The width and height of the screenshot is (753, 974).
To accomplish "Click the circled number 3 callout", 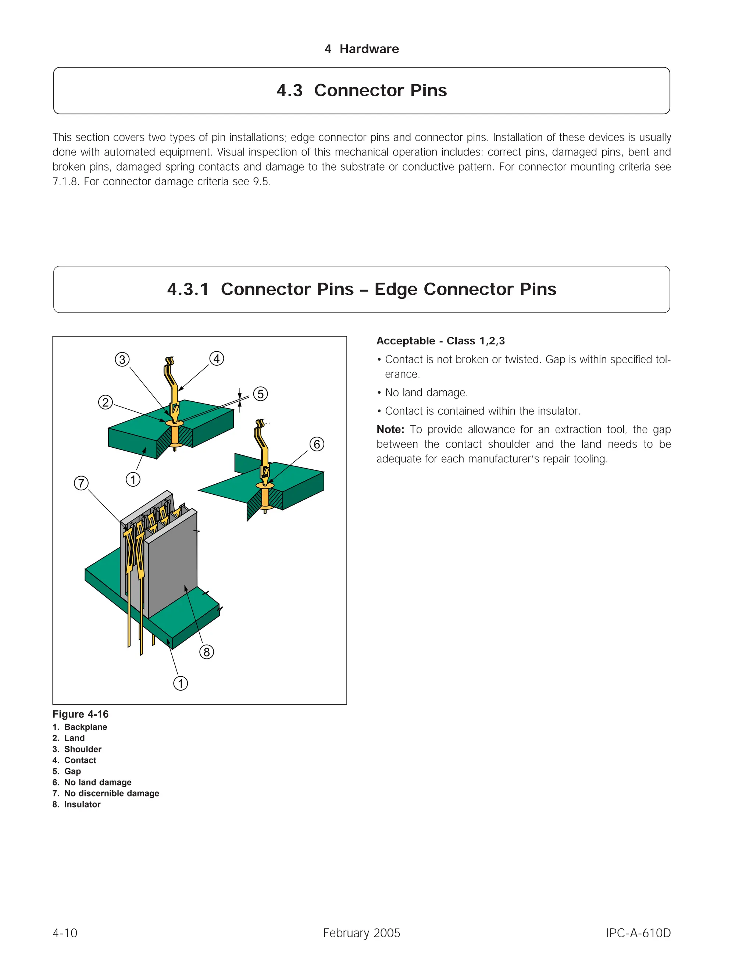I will [x=122, y=359].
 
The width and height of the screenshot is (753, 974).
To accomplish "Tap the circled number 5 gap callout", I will [x=261, y=394].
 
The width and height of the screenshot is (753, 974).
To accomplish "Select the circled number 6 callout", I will [x=317, y=444].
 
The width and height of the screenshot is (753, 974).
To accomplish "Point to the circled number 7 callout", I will [x=81, y=483].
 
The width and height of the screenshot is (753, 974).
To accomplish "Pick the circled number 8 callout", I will [x=207, y=652].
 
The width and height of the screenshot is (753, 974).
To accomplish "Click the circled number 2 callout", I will [x=105, y=402].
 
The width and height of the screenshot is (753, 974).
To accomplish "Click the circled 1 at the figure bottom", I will [x=181, y=683].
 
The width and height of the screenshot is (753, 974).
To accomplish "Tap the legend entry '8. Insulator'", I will [x=77, y=804].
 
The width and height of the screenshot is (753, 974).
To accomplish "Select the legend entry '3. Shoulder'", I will [x=77, y=749].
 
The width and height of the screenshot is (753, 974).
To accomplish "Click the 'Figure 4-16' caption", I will [x=80, y=714].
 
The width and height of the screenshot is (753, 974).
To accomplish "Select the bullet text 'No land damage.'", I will [x=426, y=393].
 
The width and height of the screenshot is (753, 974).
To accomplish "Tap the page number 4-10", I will [x=65, y=933].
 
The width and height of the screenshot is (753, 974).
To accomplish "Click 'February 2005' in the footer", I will [x=361, y=933].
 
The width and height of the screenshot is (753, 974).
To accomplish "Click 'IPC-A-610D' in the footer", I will [x=638, y=933].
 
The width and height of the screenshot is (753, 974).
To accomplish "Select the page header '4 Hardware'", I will [x=362, y=49].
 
